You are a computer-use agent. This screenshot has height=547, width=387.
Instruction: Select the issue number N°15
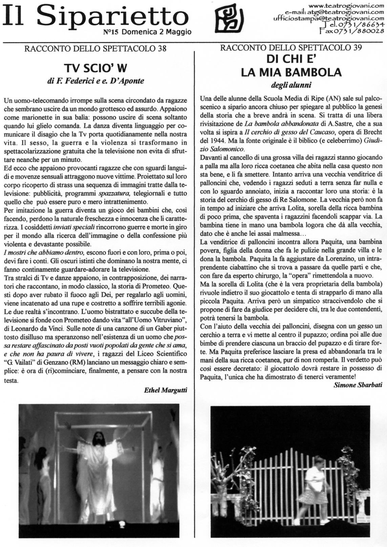click(x=111, y=32)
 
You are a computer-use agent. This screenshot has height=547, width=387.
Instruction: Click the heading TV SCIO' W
click(x=95, y=68)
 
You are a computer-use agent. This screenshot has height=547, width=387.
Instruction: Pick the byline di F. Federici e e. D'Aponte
click(x=95, y=81)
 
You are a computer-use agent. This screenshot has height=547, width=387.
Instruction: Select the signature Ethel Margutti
click(x=166, y=390)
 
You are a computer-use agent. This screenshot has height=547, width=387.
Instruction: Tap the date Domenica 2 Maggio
click(x=156, y=32)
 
